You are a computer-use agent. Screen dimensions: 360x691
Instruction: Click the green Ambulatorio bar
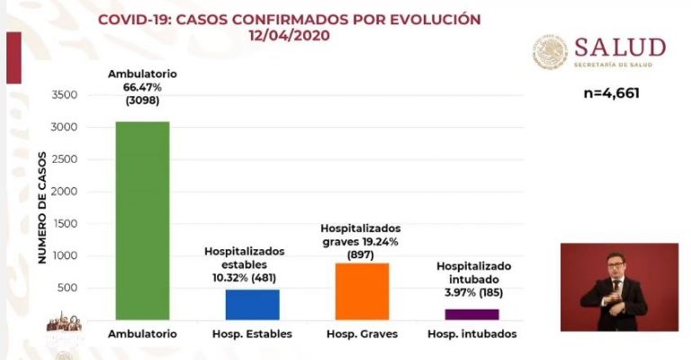(x=141, y=220)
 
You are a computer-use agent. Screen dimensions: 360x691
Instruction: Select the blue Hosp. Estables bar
(x=252, y=304)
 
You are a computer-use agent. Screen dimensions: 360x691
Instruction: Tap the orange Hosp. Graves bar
(x=362, y=291)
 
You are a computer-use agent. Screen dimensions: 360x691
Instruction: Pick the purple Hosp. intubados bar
(x=471, y=314)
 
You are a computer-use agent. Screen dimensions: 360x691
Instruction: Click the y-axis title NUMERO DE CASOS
(x=40, y=207)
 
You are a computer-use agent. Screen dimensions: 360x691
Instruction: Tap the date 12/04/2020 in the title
(x=289, y=36)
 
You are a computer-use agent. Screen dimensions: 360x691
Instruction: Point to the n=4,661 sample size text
(x=611, y=92)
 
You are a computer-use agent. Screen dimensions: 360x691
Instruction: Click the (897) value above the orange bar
(x=361, y=256)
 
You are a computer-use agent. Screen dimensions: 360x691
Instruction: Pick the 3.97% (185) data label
(x=473, y=292)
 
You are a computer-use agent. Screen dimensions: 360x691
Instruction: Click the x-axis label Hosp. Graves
(x=361, y=334)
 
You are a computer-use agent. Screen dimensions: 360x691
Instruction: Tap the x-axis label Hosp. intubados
(x=472, y=334)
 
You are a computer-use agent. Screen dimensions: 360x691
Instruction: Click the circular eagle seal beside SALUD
(x=549, y=52)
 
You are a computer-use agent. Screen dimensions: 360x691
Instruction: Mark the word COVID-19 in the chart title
(x=129, y=19)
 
